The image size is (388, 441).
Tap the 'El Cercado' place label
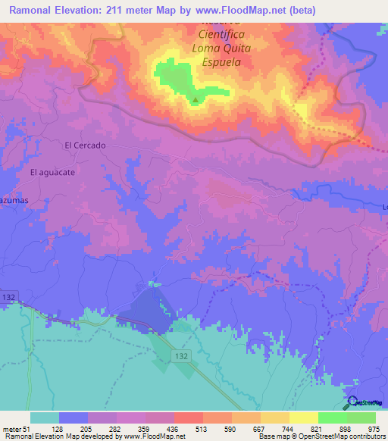point(85,145)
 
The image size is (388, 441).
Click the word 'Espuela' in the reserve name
point(221,63)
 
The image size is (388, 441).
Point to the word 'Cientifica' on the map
point(223,35)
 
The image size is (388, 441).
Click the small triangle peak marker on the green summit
point(196,99)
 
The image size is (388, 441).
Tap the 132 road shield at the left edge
point(8,296)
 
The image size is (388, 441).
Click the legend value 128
point(74,428)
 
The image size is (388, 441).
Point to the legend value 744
point(275,428)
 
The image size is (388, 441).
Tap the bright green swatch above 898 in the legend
point(332,418)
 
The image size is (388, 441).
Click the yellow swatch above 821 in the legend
point(303,418)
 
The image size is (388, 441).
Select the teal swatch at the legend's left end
point(45,418)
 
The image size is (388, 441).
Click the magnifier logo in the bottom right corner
point(351,402)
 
